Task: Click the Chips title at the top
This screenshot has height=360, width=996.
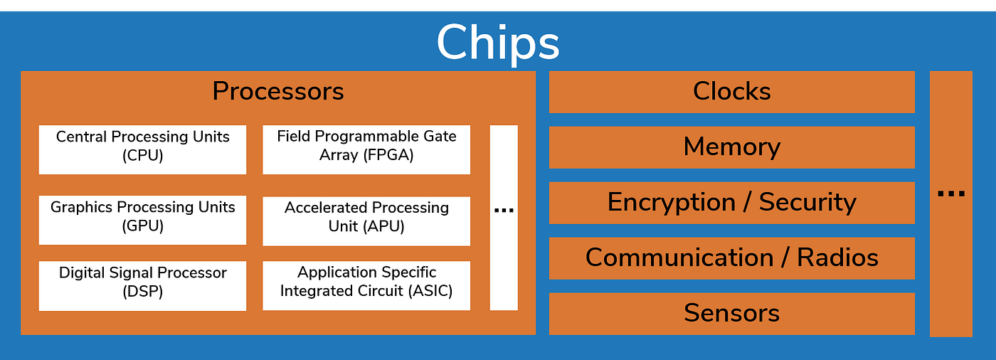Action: point(498,43)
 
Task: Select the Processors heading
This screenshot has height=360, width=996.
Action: point(278,91)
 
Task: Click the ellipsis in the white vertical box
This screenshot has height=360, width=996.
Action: point(504,210)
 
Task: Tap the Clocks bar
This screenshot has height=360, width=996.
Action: point(731,92)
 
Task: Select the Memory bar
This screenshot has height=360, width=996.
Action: point(731,147)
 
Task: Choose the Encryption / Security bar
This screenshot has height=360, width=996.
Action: point(731,203)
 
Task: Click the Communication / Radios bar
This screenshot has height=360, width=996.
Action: point(731,258)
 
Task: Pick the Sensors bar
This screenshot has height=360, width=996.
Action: point(731,313)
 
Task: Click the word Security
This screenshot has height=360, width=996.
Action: point(807,203)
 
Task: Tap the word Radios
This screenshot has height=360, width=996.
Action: point(837,258)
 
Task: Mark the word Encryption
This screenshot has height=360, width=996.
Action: point(671,203)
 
